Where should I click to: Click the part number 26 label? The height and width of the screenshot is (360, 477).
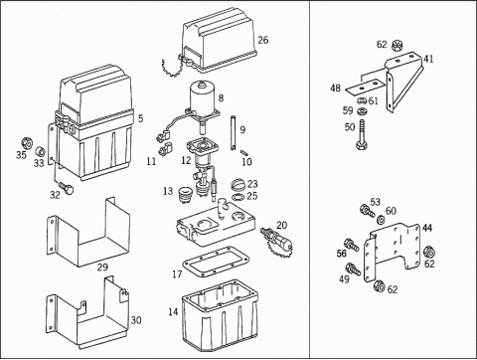click(263, 40)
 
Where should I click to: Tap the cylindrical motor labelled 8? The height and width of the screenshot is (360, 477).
click(203, 97)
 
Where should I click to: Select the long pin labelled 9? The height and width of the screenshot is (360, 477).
click(234, 132)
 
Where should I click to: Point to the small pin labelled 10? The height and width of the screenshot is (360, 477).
click(245, 153)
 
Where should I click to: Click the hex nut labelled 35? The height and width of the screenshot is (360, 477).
click(27, 143)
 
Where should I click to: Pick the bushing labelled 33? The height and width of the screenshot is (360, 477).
click(41, 151)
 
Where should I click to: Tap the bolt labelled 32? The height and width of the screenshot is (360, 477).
click(67, 188)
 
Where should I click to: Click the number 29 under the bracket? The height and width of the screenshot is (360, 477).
click(102, 268)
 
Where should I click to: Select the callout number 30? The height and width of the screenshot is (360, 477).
click(136, 320)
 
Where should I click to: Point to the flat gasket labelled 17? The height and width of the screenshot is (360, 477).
click(216, 262)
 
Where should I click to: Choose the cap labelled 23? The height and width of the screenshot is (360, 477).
click(238, 184)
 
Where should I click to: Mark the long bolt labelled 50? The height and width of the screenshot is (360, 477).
click(362, 134)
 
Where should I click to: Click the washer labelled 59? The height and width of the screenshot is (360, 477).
click(362, 111)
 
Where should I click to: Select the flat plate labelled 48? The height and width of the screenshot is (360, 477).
click(364, 87)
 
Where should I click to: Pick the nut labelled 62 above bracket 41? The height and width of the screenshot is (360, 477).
click(396, 45)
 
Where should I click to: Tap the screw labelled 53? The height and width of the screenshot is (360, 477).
click(368, 211)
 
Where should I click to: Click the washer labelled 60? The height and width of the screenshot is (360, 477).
click(381, 219)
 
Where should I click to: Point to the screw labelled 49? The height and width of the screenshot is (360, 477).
click(354, 269)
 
